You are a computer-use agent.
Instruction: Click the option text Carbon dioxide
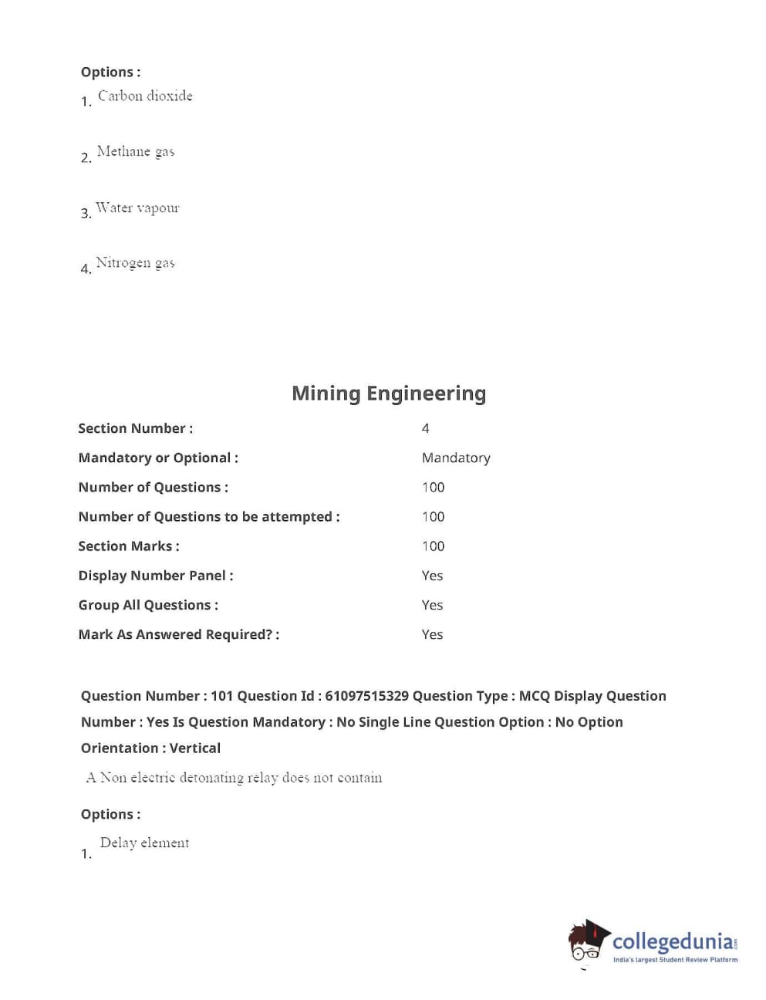click(145, 96)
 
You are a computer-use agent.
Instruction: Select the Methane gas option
click(136, 151)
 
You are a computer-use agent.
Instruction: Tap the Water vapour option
click(137, 208)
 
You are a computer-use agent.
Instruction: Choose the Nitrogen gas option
click(135, 263)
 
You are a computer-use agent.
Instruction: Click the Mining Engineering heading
click(389, 394)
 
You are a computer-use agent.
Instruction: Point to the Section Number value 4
click(425, 428)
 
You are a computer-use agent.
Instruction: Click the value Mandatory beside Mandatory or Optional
click(456, 458)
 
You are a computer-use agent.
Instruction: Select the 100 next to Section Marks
click(433, 546)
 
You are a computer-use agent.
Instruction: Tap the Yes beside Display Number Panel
click(432, 576)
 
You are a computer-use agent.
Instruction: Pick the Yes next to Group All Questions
click(432, 605)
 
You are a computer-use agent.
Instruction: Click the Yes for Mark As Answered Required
click(432, 634)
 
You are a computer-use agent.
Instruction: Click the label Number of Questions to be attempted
click(209, 517)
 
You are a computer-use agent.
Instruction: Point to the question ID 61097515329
click(366, 696)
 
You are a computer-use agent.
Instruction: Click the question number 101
click(221, 696)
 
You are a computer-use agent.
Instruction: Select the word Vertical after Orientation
click(195, 748)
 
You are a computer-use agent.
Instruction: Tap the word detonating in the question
click(211, 778)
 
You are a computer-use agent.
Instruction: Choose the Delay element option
click(144, 843)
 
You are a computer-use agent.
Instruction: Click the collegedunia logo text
click(673, 941)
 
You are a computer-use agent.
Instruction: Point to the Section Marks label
click(129, 546)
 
